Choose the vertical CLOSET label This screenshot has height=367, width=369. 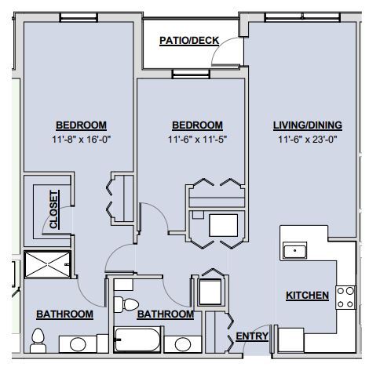[x=53, y=209]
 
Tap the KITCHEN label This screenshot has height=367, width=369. [x=307, y=296]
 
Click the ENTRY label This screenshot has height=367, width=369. [x=252, y=336]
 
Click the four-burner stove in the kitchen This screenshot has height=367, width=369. [x=345, y=296]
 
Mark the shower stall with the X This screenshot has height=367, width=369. [x=47, y=264]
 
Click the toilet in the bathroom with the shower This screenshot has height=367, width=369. [x=36, y=339]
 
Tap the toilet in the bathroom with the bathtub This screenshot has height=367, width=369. [x=125, y=303]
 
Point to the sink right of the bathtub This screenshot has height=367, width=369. [x=183, y=343]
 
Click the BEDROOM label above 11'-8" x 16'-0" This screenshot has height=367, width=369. [x=81, y=125]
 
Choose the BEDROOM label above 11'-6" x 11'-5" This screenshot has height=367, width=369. [x=196, y=125]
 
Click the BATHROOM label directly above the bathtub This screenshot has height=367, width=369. [x=165, y=314]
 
